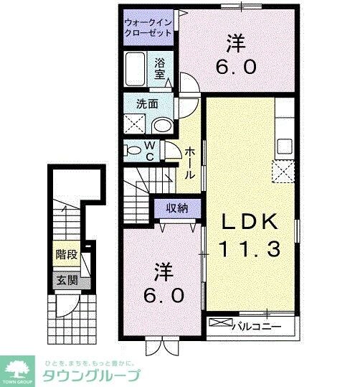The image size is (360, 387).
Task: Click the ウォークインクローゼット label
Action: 148,27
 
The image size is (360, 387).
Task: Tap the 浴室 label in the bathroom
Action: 159,68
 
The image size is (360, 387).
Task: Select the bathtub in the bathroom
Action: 136,70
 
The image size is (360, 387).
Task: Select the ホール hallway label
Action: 190,163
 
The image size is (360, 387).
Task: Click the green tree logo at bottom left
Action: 17,369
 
